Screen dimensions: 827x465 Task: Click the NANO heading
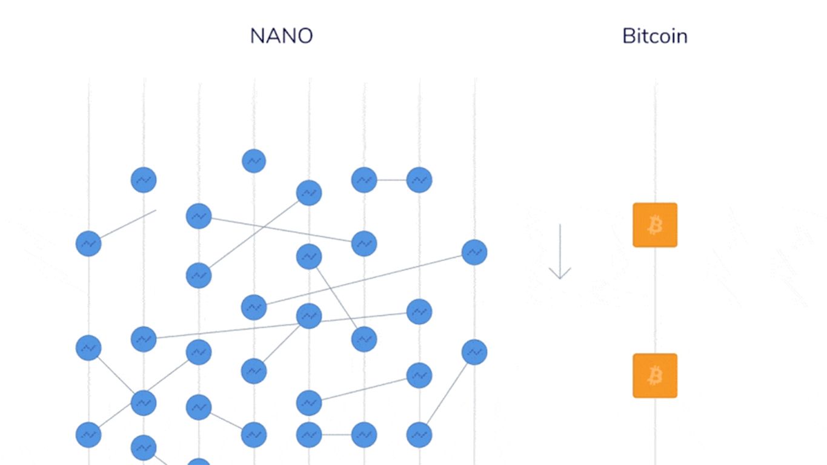coord(281,36)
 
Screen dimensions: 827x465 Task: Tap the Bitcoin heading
coord(655,36)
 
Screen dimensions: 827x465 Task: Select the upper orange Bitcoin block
coord(655,225)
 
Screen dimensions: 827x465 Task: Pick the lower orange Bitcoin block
coord(655,375)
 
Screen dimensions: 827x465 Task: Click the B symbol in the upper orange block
coord(656,225)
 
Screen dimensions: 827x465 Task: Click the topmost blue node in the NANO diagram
coord(254,161)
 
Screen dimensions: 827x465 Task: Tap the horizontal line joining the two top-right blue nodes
coord(392,180)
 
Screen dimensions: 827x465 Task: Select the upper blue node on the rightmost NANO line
coord(474,252)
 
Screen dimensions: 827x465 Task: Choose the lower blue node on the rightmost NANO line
coord(474,352)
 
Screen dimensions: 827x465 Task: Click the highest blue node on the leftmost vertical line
coord(88,243)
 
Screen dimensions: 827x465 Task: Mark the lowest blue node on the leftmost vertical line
coord(88,435)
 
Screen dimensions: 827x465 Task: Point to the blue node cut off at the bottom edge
coord(199,462)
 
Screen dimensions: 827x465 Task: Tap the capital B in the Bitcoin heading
coord(629,36)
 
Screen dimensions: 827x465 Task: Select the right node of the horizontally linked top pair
coord(419,180)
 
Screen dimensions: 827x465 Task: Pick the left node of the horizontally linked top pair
coord(364,180)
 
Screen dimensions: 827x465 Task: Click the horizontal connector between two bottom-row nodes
coord(336,435)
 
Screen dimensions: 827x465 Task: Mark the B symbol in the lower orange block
coord(656,376)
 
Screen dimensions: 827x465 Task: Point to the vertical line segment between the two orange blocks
coord(656,300)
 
